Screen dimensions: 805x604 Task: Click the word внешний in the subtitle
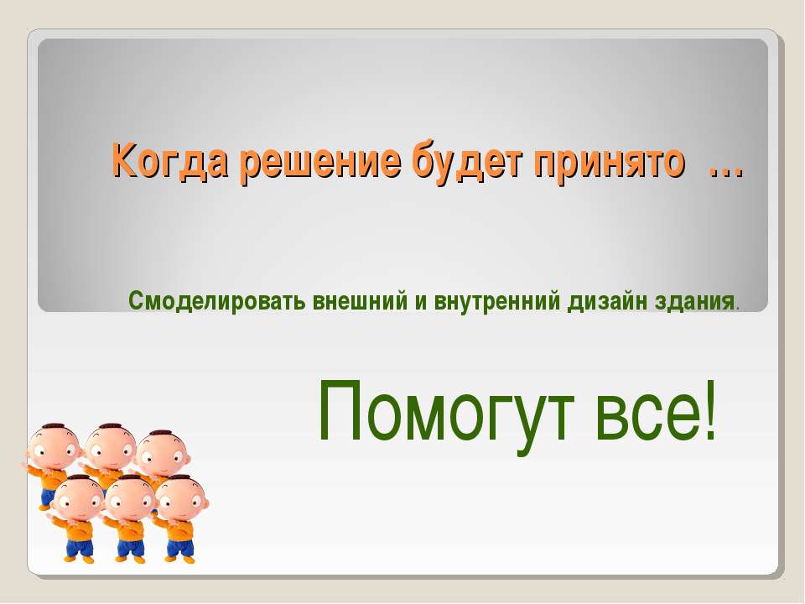pos(361,300)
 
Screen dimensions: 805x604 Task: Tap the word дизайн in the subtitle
pos(608,300)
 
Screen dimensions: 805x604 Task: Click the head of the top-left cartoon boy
pos(54,446)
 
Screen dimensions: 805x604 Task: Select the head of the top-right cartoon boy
pos(164,454)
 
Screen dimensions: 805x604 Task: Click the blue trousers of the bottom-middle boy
pos(129,548)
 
